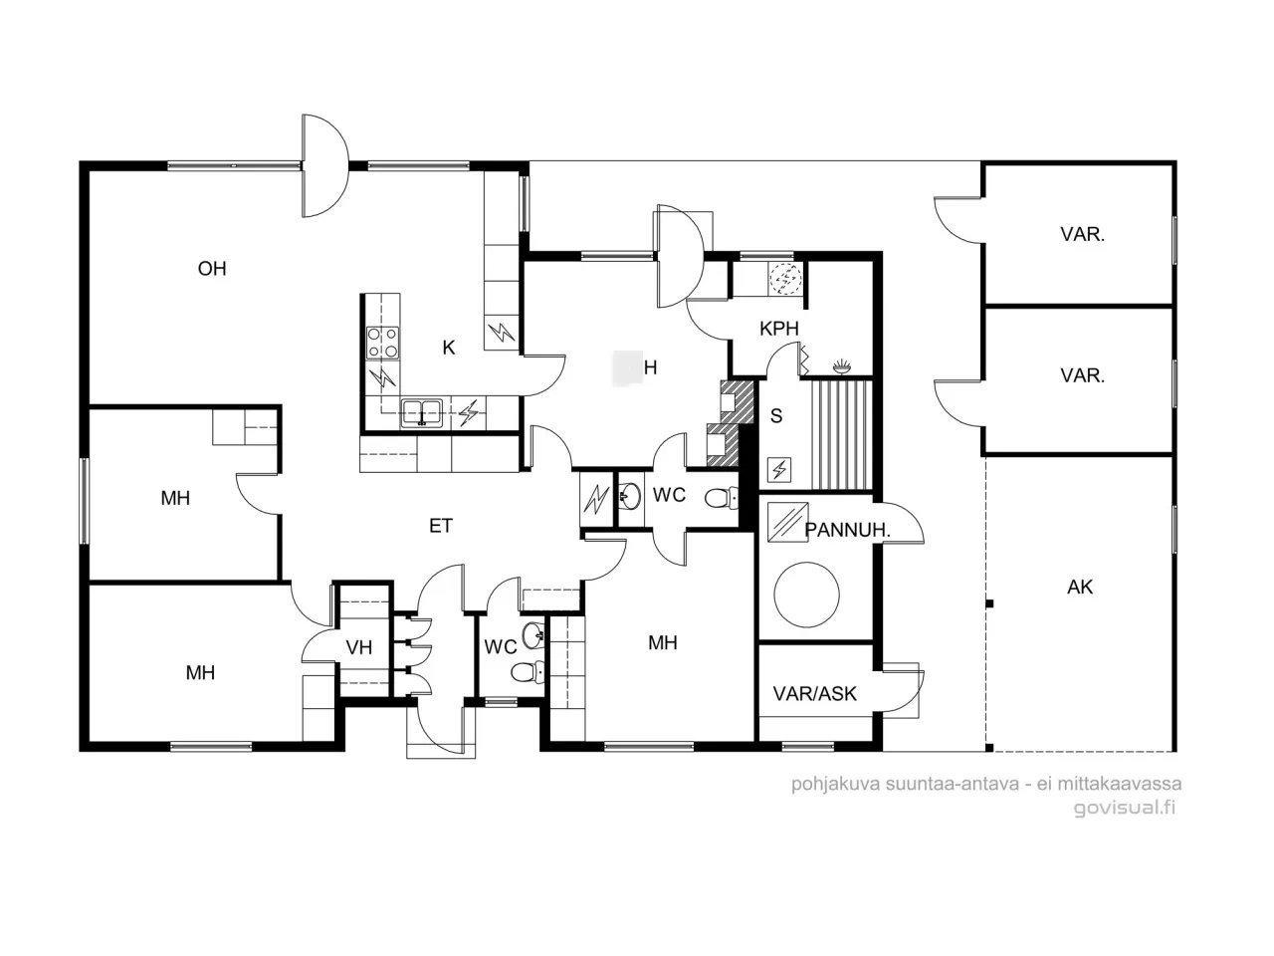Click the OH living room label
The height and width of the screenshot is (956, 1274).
point(212,269)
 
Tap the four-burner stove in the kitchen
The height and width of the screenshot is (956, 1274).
point(383,343)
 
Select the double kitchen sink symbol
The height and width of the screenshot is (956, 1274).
point(422,412)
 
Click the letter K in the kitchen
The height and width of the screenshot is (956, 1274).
point(449,348)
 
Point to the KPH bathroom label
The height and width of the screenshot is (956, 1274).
point(778,329)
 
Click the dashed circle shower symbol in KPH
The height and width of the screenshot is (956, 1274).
point(785,280)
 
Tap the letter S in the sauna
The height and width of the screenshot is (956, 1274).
point(776,416)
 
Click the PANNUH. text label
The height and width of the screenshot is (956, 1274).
point(847,531)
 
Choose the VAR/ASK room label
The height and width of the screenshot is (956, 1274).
point(815,693)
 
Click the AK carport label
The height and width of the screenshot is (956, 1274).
point(1080,588)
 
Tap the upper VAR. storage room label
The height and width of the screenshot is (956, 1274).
point(1082,236)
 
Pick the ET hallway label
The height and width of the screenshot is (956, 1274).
point(441,526)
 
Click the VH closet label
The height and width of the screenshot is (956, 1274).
point(358,648)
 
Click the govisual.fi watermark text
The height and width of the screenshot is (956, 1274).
point(1124,808)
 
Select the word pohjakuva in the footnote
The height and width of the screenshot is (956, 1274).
point(832,784)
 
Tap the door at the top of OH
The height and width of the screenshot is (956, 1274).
point(324,166)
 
